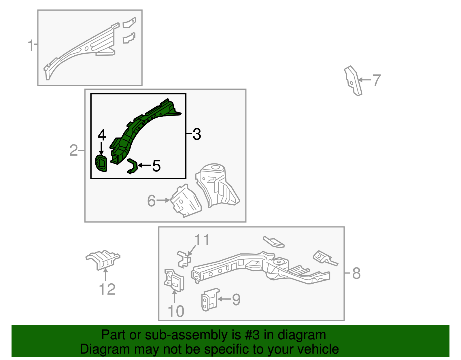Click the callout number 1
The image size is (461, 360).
(31, 45)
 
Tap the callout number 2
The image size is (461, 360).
(73, 150)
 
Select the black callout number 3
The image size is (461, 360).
(197, 134)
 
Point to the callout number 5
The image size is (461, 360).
(156, 166)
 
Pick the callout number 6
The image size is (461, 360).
(152, 201)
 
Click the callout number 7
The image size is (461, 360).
(377, 80)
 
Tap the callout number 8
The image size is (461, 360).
(357, 273)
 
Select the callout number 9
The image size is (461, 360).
(236, 299)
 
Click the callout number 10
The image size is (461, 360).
(176, 311)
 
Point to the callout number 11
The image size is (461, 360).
(202, 240)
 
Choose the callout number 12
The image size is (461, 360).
(107, 289)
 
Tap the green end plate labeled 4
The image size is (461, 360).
(101, 163)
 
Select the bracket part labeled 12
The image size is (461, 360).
(103, 260)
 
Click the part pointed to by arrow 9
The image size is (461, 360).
(210, 299)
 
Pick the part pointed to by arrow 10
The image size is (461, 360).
(174, 281)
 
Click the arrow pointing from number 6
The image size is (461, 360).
(163, 200)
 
